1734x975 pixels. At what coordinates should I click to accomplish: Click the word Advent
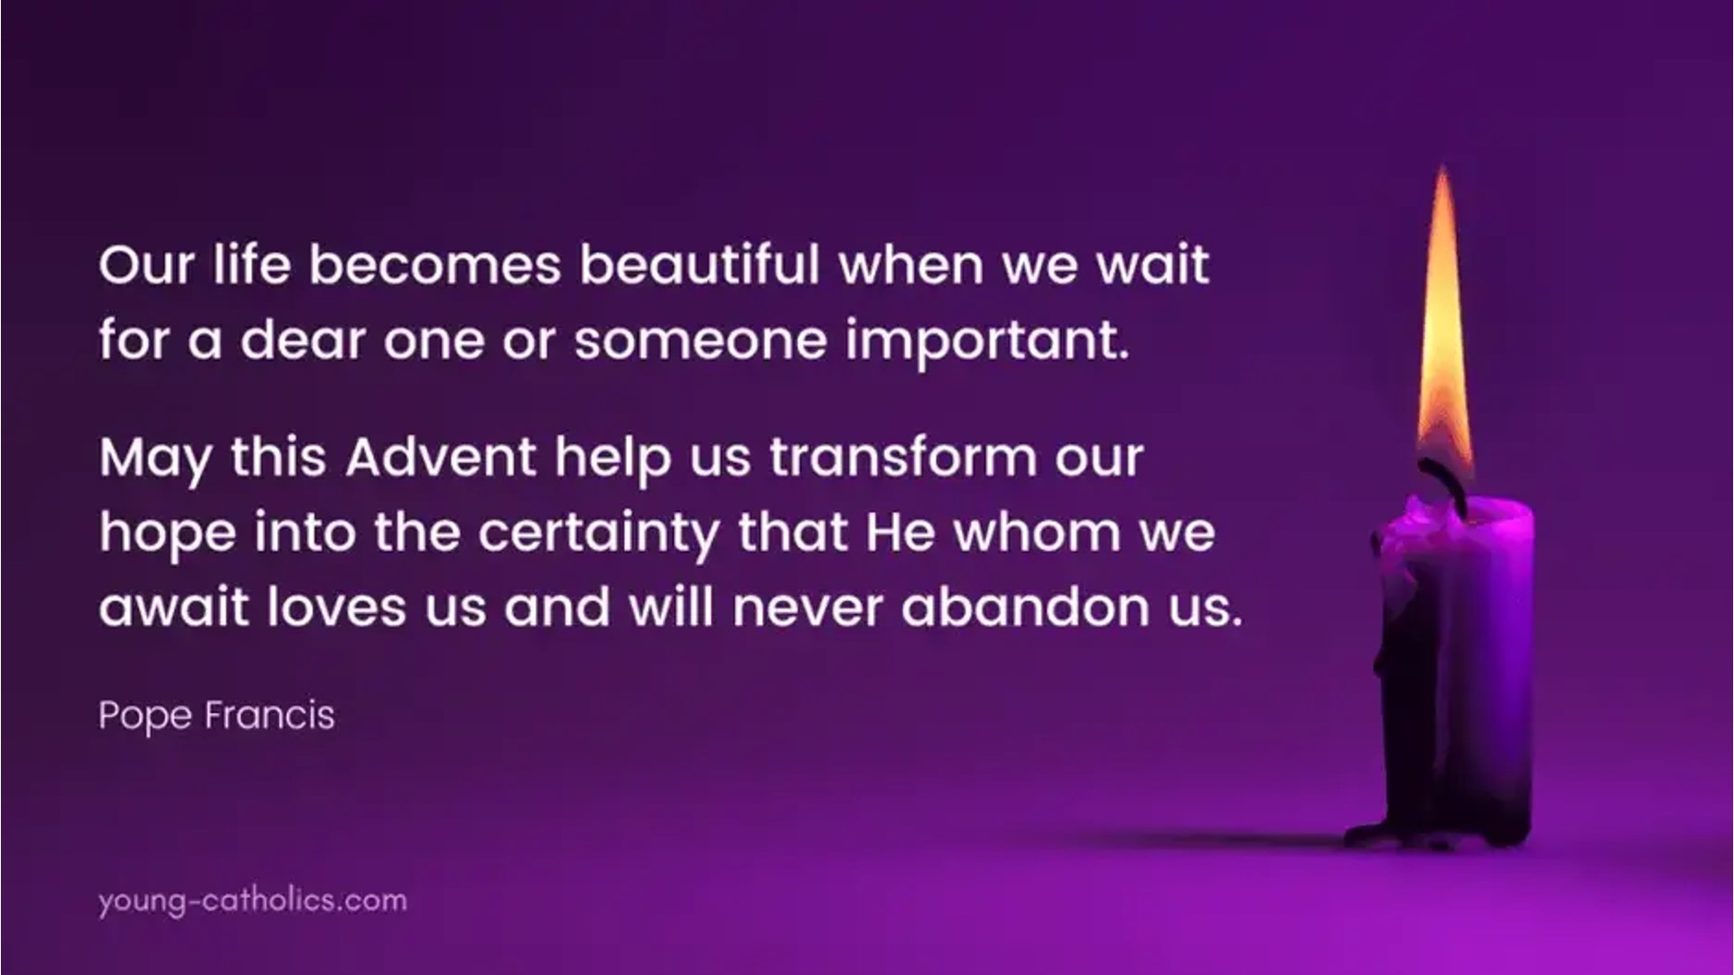point(442,457)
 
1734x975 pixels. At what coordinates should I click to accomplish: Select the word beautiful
point(700,265)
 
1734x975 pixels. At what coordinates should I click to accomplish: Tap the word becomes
point(435,265)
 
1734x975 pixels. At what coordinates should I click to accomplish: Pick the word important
point(987,340)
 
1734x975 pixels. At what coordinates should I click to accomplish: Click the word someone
point(701,342)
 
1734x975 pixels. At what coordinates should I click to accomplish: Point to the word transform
point(903,457)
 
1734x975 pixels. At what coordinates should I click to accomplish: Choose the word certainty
point(599,534)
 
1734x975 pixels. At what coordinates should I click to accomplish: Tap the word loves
point(337,608)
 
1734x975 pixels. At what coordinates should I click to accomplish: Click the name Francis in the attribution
point(270,716)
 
